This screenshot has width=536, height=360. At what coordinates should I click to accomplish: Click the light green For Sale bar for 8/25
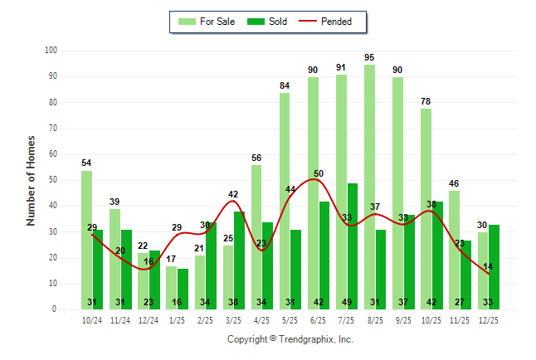point(369,187)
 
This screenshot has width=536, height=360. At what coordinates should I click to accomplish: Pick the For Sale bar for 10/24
point(86,240)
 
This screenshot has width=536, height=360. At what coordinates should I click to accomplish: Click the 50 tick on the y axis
point(51,180)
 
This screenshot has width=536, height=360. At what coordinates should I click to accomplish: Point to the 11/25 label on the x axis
point(460,319)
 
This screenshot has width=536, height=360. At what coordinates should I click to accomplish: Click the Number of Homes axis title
point(31,180)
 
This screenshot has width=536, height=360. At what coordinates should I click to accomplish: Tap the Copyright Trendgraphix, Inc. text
point(290,339)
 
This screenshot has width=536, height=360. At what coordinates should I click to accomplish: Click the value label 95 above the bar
point(369,57)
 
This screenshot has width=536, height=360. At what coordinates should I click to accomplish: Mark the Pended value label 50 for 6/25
point(319,173)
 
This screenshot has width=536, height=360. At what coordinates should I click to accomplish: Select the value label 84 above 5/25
point(285,85)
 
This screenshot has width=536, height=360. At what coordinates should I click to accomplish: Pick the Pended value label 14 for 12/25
point(488,267)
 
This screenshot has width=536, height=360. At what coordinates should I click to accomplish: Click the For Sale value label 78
point(426,101)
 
